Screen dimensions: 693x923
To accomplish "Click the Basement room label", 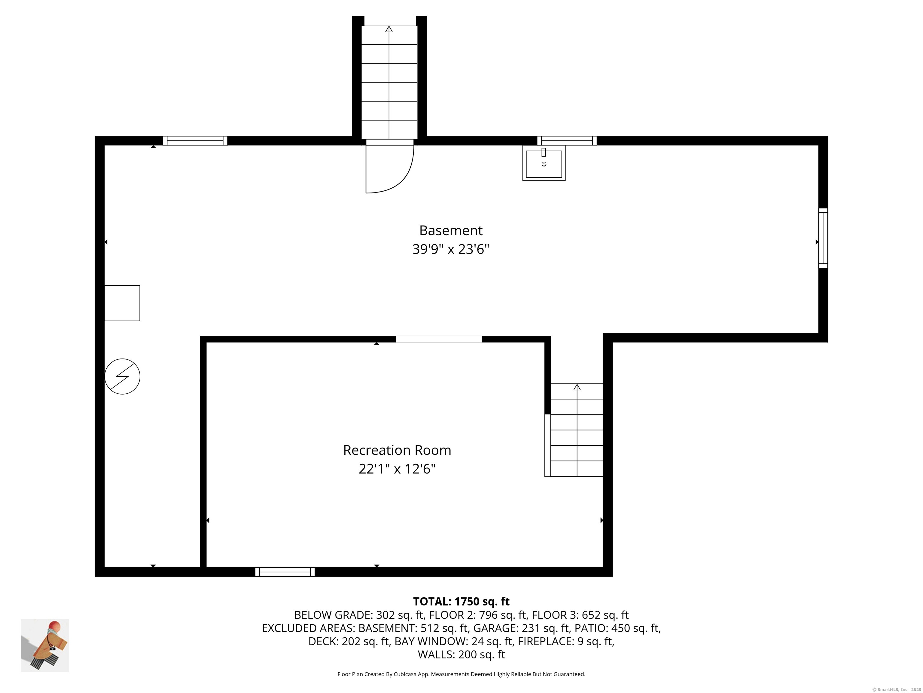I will [451, 231].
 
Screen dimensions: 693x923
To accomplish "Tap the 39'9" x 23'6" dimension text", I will [451, 249].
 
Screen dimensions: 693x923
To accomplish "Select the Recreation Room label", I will [397, 450].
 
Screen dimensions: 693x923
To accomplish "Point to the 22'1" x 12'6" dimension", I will [397, 469].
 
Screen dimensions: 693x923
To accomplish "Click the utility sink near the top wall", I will [544, 163].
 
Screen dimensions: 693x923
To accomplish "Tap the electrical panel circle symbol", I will [122, 376].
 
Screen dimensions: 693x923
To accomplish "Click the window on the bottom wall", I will [285, 572].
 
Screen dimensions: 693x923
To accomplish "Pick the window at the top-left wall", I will [195, 141].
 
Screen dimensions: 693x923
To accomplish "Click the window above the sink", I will [567, 141].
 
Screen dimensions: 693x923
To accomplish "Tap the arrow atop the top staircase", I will [389, 29].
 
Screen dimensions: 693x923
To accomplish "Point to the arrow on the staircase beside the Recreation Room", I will [577, 387].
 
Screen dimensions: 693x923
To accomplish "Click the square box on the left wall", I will [122, 303].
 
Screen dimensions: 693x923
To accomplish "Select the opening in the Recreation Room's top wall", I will [439, 339].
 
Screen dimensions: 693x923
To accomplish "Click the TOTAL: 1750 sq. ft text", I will [461, 602].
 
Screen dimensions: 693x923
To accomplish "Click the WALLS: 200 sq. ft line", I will [461, 654].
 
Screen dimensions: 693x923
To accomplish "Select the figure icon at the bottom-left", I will [45, 645].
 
